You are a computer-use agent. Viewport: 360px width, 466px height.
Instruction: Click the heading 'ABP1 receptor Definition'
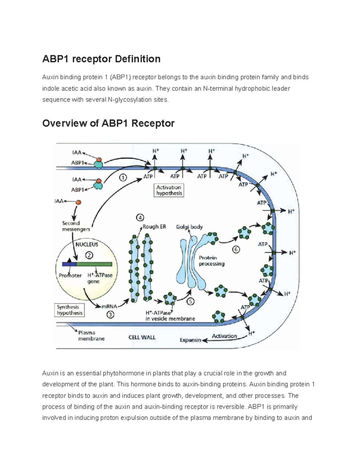pos(101,59)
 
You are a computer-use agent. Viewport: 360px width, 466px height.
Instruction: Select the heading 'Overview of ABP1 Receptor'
pos(108,123)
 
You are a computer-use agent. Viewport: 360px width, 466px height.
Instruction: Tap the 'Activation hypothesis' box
pos(169,190)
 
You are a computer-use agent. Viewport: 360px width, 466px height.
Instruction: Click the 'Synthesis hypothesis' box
pos(70,310)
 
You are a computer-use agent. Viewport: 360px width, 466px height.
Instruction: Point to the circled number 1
pos(123,178)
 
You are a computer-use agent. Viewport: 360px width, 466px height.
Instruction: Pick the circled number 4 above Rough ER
pos(140,218)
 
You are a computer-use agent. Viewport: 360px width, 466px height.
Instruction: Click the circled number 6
pos(236,250)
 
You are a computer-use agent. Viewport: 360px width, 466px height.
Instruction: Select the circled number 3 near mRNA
pos(110,315)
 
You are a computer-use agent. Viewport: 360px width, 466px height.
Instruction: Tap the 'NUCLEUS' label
pos(87,245)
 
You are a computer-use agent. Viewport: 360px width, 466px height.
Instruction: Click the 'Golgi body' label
pos(189,227)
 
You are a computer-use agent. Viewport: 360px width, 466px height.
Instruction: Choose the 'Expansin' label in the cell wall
pos(190,340)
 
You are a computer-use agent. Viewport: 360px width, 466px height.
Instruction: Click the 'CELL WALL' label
pos(142,337)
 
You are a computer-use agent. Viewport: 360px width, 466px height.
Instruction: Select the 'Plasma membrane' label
pos(91,335)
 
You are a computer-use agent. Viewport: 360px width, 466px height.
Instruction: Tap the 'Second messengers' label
pos(76,226)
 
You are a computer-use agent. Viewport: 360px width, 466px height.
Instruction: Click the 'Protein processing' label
pos(211,261)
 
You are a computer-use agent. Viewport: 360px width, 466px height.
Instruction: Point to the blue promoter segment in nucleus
pos(69,264)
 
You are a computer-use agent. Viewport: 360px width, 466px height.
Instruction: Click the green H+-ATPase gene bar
pos(94,264)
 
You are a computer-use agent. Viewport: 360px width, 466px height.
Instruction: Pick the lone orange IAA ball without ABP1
pos(78,202)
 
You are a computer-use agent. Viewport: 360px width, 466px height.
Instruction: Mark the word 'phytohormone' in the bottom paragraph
pos(124,373)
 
